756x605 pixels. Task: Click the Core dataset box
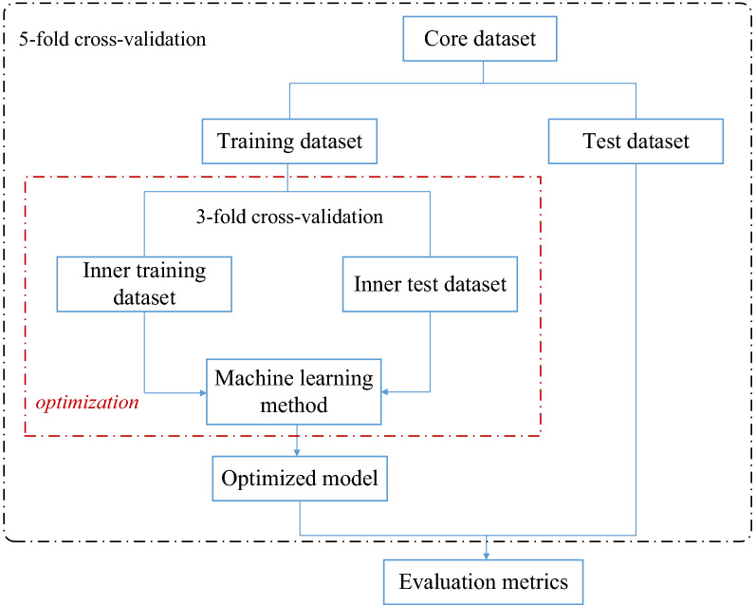click(480, 39)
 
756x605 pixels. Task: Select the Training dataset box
click(290, 142)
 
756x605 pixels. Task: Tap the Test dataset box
click(636, 142)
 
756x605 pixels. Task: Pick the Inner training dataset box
click(145, 283)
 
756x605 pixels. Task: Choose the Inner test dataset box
click(431, 283)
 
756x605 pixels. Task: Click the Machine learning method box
click(294, 391)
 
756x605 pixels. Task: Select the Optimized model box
click(300, 478)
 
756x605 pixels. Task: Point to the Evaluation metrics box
click(484, 582)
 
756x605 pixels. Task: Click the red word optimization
click(87, 402)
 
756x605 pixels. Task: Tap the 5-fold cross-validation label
click(113, 41)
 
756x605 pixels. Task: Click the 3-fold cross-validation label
click(289, 217)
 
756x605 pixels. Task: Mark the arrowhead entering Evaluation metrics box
click(487, 555)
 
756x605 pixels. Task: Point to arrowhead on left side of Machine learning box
click(202, 391)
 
